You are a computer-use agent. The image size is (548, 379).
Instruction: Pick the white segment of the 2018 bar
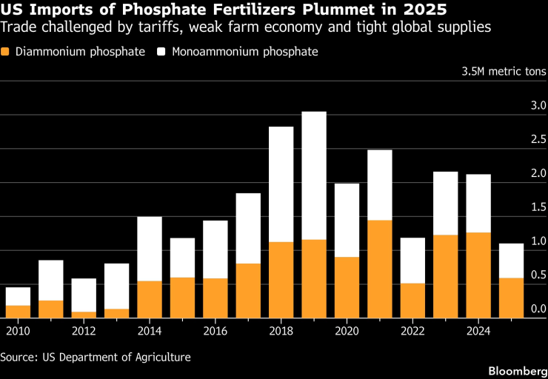point(281,184)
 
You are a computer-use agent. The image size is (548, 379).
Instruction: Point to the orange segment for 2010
point(18,311)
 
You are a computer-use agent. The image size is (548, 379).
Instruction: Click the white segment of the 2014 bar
point(150,249)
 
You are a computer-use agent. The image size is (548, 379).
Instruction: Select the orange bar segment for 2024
point(478,275)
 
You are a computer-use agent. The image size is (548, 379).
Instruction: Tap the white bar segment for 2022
point(412,261)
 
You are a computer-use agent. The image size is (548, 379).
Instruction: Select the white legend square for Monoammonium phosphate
point(161,53)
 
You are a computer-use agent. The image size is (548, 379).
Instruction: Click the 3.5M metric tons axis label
point(504,72)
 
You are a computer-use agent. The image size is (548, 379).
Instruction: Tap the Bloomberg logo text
point(515,369)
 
